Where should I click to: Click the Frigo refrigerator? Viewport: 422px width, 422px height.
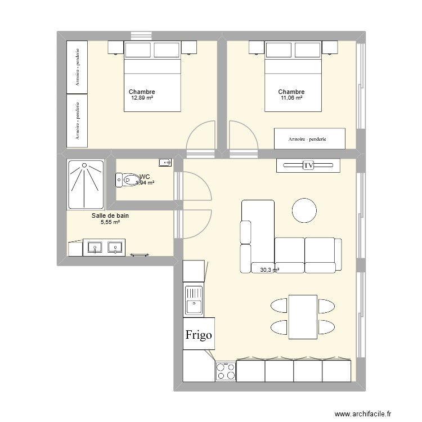(199, 335)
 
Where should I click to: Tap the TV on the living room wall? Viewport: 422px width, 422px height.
(308, 165)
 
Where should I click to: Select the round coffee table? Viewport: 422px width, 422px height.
(304, 210)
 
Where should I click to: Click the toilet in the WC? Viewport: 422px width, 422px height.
(127, 181)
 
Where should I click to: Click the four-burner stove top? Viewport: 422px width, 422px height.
(225, 372)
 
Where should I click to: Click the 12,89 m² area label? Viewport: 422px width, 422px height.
(142, 98)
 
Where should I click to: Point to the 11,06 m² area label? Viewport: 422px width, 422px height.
(291, 98)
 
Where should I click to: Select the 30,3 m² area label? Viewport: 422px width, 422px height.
(270, 270)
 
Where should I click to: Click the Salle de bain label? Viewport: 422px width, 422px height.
(110, 215)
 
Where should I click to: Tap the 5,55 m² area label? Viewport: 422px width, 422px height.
(110, 222)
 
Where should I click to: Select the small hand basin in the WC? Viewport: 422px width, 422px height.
(165, 163)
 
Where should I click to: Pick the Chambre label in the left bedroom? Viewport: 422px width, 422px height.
(142, 92)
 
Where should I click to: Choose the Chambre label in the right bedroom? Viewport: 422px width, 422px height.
(291, 92)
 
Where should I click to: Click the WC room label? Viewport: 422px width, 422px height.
(144, 177)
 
